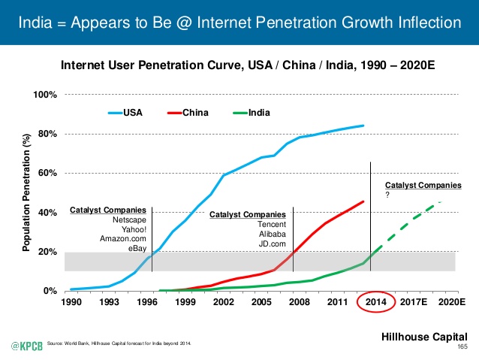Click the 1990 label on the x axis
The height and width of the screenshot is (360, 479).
point(71,302)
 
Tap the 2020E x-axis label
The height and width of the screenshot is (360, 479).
point(450,302)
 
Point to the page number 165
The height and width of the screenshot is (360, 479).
point(462,346)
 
